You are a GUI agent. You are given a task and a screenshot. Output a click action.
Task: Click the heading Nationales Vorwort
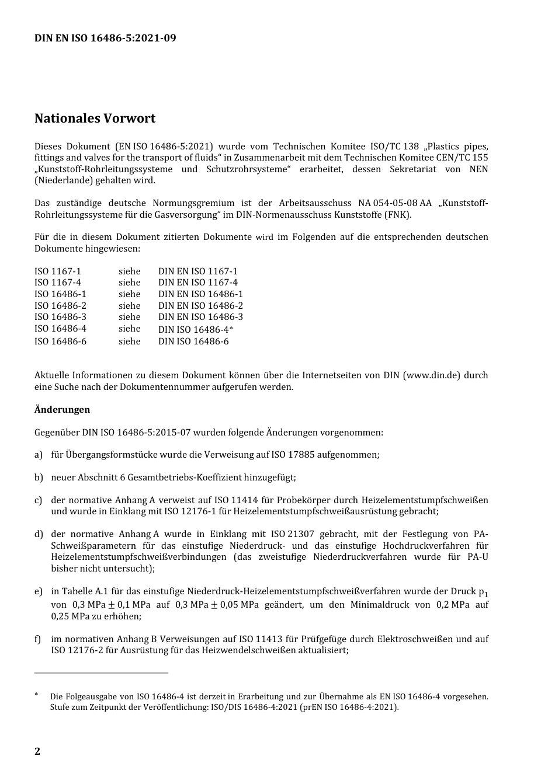(95, 119)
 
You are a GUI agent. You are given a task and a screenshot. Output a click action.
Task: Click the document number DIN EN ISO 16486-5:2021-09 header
(105, 39)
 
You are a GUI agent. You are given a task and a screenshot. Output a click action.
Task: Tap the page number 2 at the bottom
(37, 751)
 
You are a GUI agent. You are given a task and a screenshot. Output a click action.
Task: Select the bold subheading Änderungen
(62, 410)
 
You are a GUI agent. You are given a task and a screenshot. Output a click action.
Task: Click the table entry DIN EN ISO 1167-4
(197, 283)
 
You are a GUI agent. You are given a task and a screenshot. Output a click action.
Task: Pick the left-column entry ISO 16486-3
(60, 317)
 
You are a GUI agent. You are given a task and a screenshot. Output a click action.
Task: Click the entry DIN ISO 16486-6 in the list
(193, 342)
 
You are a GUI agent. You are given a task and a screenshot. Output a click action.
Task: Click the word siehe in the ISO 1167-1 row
(129, 271)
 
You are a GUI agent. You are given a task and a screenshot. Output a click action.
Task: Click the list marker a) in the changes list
(39, 455)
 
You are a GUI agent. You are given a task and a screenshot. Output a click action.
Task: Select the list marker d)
(39, 534)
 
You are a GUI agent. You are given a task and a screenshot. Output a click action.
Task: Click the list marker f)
(38, 639)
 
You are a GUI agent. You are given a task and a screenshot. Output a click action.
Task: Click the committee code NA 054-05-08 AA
(394, 203)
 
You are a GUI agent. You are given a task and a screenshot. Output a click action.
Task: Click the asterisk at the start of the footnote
(36, 695)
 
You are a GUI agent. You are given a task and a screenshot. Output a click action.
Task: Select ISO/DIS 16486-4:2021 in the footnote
(253, 708)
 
